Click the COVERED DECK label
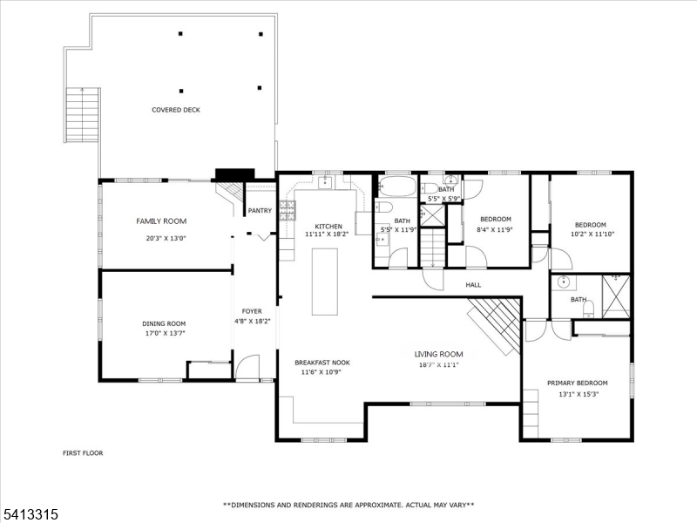[x=176, y=110]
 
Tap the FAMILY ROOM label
[x=161, y=221]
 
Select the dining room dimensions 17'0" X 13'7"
[x=164, y=333]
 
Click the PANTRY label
[x=260, y=210]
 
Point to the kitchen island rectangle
[x=324, y=282]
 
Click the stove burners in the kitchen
[x=288, y=210]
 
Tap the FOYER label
[x=252, y=311]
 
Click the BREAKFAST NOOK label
[x=322, y=363]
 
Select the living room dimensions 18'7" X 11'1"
[x=438, y=365]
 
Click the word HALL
[x=473, y=285]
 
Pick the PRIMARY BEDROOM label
[x=577, y=383]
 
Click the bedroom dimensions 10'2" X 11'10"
[x=592, y=234]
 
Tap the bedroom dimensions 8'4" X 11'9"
[x=495, y=230]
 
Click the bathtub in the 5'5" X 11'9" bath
[x=397, y=187]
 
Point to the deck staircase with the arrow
[x=83, y=114]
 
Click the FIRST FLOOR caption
[x=83, y=453]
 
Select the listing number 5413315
[x=30, y=514]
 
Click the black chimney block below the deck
[x=234, y=175]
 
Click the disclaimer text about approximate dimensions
[x=348, y=505]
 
